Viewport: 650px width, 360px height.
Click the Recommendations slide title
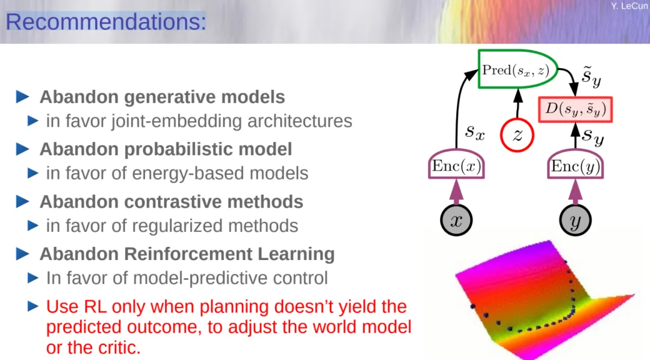click(106, 22)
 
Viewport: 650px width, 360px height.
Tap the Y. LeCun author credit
click(629, 6)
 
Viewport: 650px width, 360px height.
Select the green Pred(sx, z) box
click(518, 69)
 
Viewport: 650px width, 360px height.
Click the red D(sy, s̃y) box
click(575, 110)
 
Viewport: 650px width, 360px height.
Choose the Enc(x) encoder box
click(456, 165)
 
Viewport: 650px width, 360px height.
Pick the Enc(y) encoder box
click(575, 165)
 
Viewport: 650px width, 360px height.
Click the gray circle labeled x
click(456, 220)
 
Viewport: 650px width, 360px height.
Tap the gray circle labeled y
click(575, 220)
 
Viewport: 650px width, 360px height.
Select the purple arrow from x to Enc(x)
click(456, 191)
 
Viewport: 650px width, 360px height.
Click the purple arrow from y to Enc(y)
click(575, 191)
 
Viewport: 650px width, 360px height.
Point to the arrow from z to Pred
click(518, 104)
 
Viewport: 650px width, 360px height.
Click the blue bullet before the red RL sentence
click(33, 306)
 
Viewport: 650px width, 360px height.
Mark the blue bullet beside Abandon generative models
click(23, 97)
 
